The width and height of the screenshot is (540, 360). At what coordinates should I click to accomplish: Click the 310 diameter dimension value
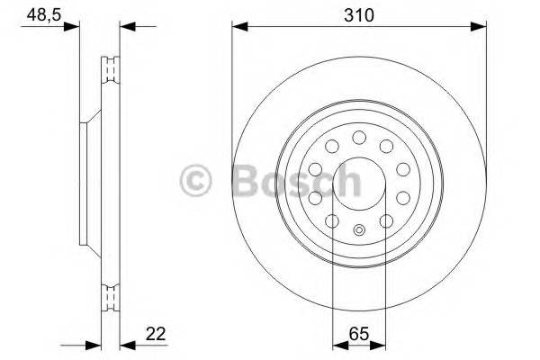[359, 15]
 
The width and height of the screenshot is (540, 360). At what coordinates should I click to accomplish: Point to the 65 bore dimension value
[359, 335]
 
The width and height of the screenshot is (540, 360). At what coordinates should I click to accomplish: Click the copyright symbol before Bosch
[197, 182]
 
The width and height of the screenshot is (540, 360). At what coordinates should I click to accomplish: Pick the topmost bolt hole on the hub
[358, 137]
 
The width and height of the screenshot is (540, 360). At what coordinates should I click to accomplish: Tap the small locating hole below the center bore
[358, 230]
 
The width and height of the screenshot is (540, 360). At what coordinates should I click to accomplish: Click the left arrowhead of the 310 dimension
[238, 26]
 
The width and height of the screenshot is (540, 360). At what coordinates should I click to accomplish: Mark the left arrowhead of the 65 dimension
[337, 344]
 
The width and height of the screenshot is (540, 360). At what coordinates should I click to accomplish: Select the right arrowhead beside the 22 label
[125, 344]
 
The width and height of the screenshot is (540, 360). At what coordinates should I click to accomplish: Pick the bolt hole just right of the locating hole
[386, 220]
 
